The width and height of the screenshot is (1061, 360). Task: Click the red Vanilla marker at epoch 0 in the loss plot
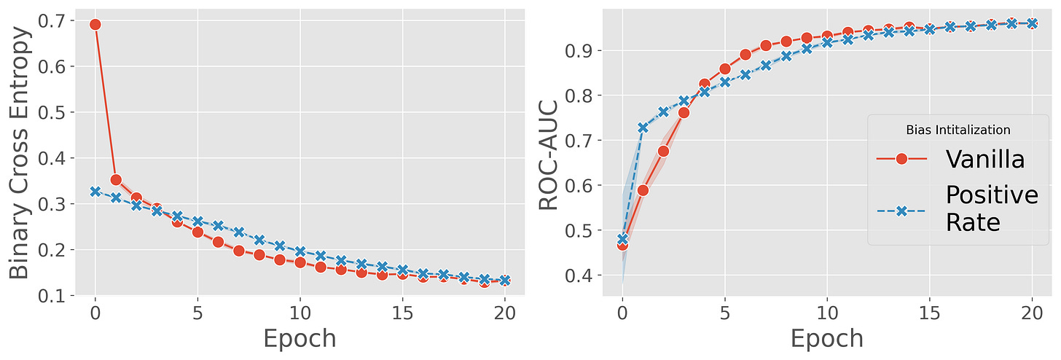coord(95,25)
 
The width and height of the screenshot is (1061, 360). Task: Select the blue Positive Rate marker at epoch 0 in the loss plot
coord(95,192)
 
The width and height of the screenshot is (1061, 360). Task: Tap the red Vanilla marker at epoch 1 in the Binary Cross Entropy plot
coord(116,180)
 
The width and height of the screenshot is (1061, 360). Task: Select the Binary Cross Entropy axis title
coord(20,152)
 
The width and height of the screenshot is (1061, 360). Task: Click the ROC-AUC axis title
coord(549,156)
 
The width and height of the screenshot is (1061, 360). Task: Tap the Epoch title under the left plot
coord(299,339)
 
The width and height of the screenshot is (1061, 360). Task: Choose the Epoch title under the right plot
coord(827,339)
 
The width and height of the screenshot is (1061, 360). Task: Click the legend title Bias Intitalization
coord(958,130)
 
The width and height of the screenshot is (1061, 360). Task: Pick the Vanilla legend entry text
coord(985,159)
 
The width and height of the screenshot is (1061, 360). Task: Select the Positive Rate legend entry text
coord(992,208)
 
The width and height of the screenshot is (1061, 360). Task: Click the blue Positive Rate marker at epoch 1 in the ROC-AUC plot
coord(643,128)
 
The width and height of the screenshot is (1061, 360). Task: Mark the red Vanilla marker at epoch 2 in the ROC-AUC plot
coord(663,152)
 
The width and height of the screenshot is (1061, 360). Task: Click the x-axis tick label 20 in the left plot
coord(505,313)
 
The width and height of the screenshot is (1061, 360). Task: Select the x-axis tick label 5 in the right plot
coord(724,313)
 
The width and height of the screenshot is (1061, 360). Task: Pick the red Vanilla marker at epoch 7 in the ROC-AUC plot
coord(765,46)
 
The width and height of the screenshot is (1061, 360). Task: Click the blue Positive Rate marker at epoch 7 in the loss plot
coord(239,232)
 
